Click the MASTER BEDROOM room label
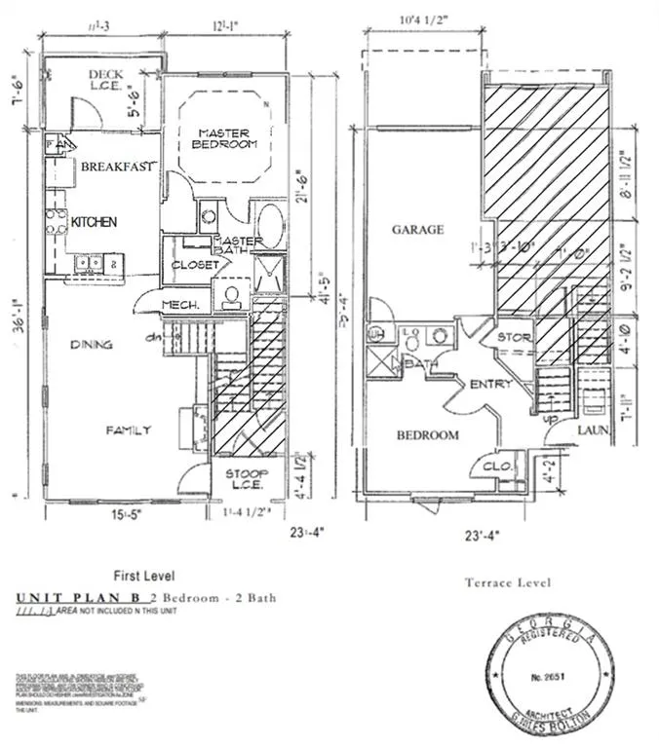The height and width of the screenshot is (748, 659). (227, 138)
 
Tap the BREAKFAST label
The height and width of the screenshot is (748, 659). (118, 168)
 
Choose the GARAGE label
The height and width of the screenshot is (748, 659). (417, 230)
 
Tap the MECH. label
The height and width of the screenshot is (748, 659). (180, 306)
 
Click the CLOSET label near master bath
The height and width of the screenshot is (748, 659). (194, 265)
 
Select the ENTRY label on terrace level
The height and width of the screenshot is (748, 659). (490, 385)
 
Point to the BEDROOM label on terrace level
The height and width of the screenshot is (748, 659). (427, 435)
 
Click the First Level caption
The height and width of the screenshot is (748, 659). (144, 576)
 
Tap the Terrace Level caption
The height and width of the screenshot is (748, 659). (506, 582)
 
